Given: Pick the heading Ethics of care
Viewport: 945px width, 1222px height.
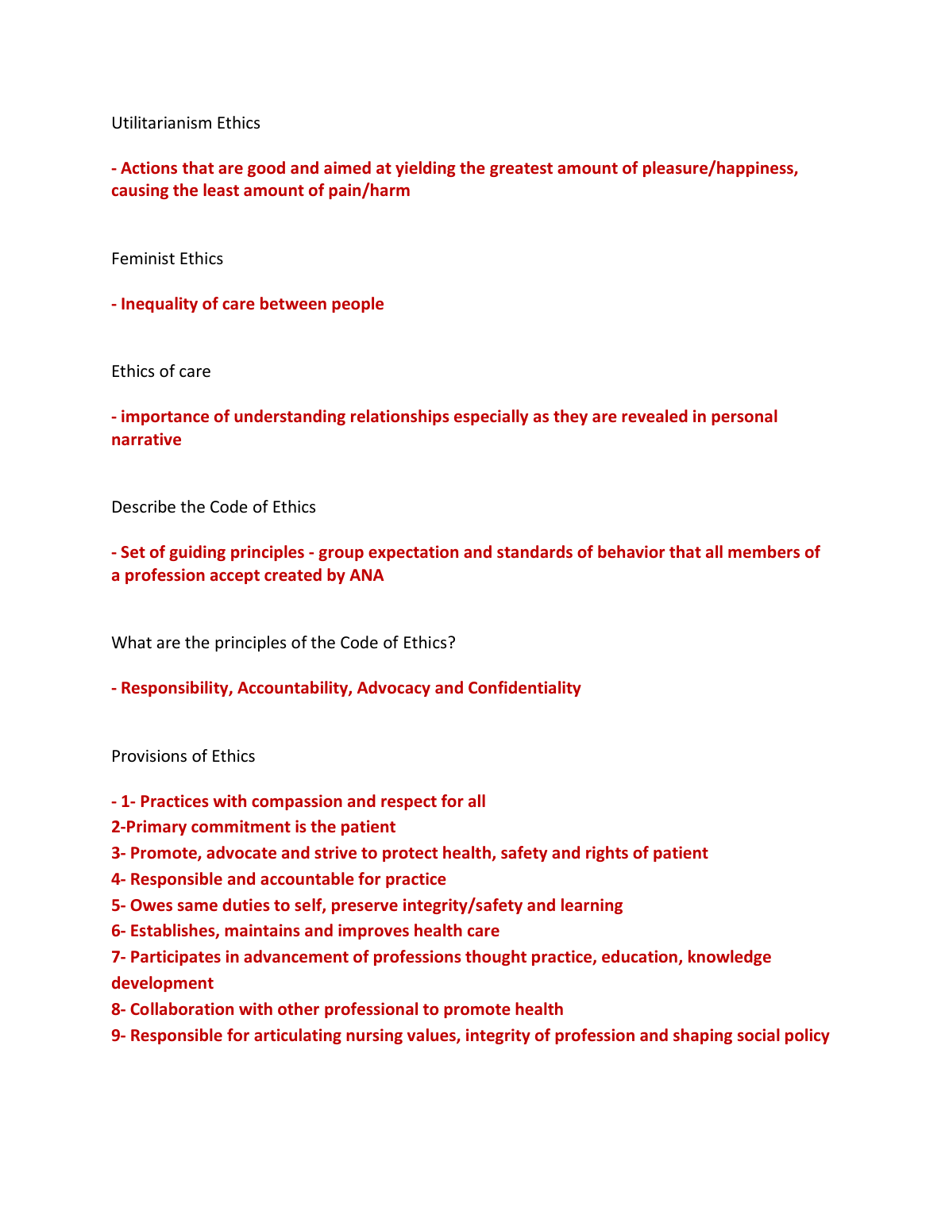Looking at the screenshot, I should click(x=161, y=371).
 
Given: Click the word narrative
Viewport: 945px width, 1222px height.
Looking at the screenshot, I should click(x=146, y=440).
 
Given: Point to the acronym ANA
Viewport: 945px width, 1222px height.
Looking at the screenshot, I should click(x=366, y=575).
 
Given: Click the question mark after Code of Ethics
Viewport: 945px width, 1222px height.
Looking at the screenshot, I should click(x=451, y=643).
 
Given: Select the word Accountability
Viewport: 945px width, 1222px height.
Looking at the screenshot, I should click(x=294, y=688).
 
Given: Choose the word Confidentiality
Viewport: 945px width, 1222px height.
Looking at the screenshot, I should click(x=524, y=688).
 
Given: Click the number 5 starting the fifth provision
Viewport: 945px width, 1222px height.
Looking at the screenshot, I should click(x=116, y=905).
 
